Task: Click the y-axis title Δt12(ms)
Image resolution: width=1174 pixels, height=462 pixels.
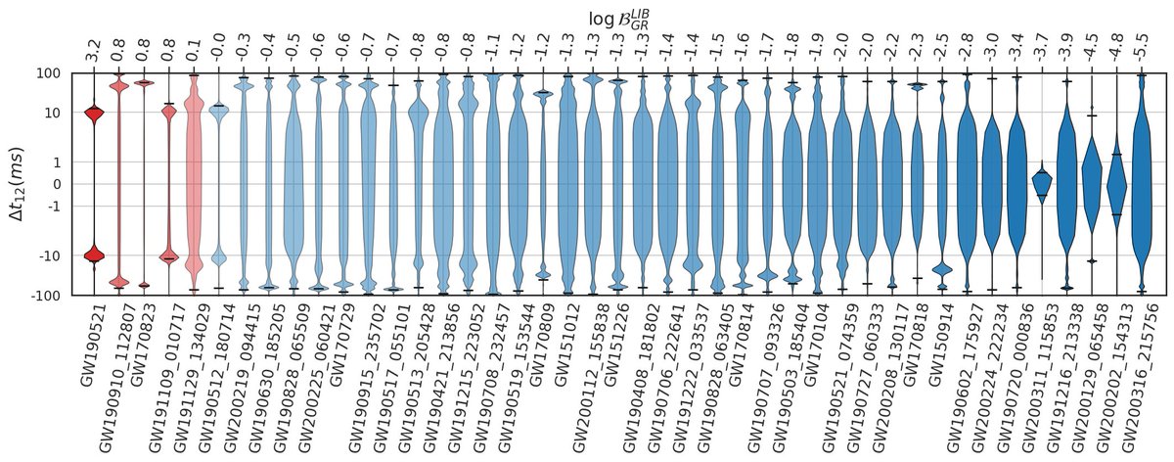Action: tap(21, 184)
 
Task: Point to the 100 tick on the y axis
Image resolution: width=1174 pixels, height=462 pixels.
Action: tap(50, 74)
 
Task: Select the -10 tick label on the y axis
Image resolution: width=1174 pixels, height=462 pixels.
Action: tap(50, 255)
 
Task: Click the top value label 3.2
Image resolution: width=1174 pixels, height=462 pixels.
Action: tap(94, 51)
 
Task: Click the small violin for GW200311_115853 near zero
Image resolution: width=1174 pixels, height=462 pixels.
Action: tap(1042, 182)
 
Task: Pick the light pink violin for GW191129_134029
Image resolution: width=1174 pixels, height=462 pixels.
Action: tap(194, 176)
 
